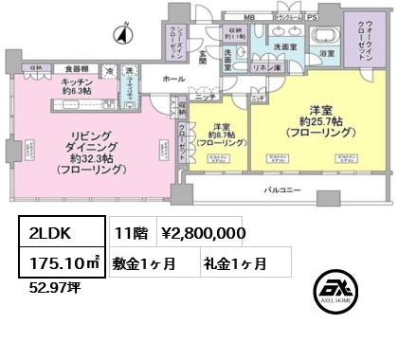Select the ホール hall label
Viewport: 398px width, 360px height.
[173, 80]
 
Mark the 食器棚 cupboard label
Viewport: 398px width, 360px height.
[78, 68]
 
